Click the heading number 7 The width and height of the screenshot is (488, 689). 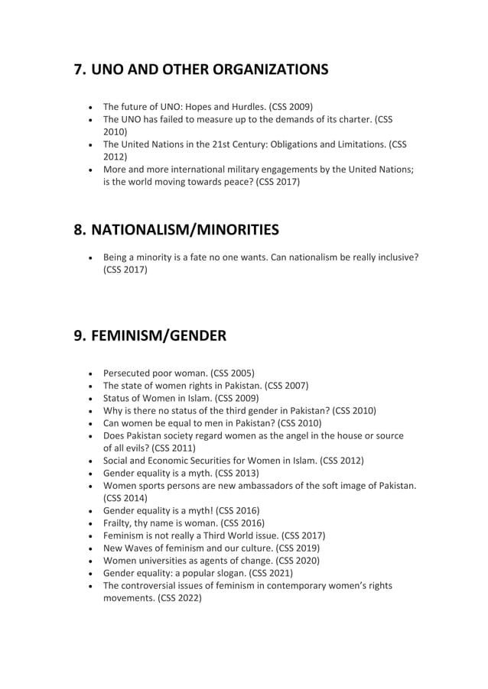click(x=80, y=70)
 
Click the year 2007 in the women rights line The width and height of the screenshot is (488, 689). click(x=292, y=386)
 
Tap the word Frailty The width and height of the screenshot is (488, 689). click(x=120, y=523)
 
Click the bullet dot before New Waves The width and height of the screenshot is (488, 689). click(x=92, y=548)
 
